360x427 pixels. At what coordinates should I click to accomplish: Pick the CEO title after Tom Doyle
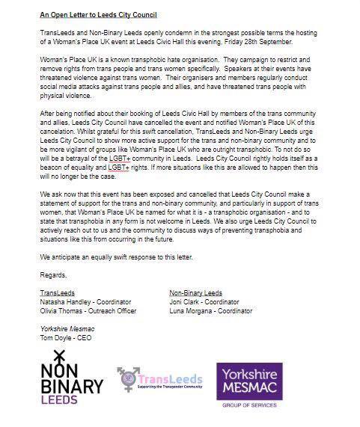pos(83,337)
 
